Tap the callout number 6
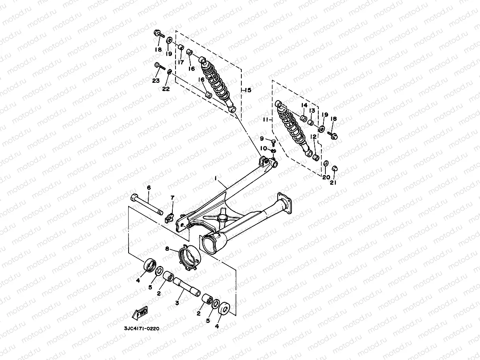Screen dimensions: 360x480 149,188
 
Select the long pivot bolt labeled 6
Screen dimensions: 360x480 148,204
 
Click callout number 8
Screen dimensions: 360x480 167,249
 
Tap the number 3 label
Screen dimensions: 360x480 177,303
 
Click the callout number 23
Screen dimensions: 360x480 156,80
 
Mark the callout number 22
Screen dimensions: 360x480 166,89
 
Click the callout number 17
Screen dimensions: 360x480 181,62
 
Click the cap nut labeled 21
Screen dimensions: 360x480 335,169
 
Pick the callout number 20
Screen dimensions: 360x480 326,177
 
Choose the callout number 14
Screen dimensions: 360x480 304,105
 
